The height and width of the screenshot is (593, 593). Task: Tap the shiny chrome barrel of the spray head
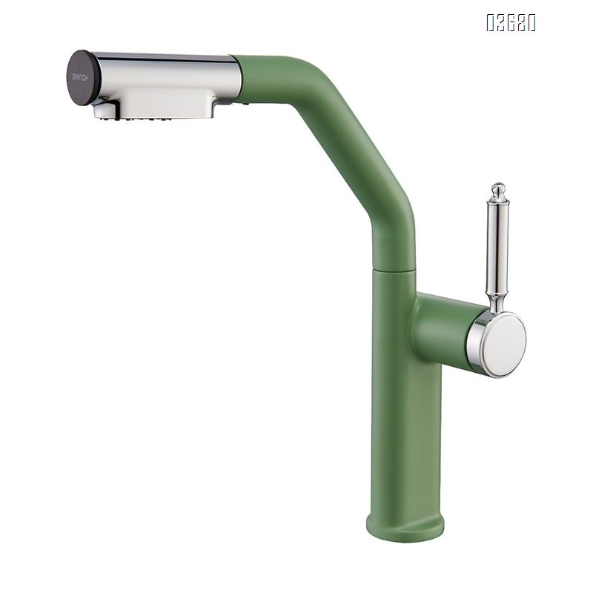click(x=170, y=68)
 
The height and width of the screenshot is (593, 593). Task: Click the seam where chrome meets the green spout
click(x=236, y=76)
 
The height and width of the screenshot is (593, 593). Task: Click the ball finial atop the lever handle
click(x=498, y=189)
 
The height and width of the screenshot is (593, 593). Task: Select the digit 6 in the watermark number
click(x=511, y=24)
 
